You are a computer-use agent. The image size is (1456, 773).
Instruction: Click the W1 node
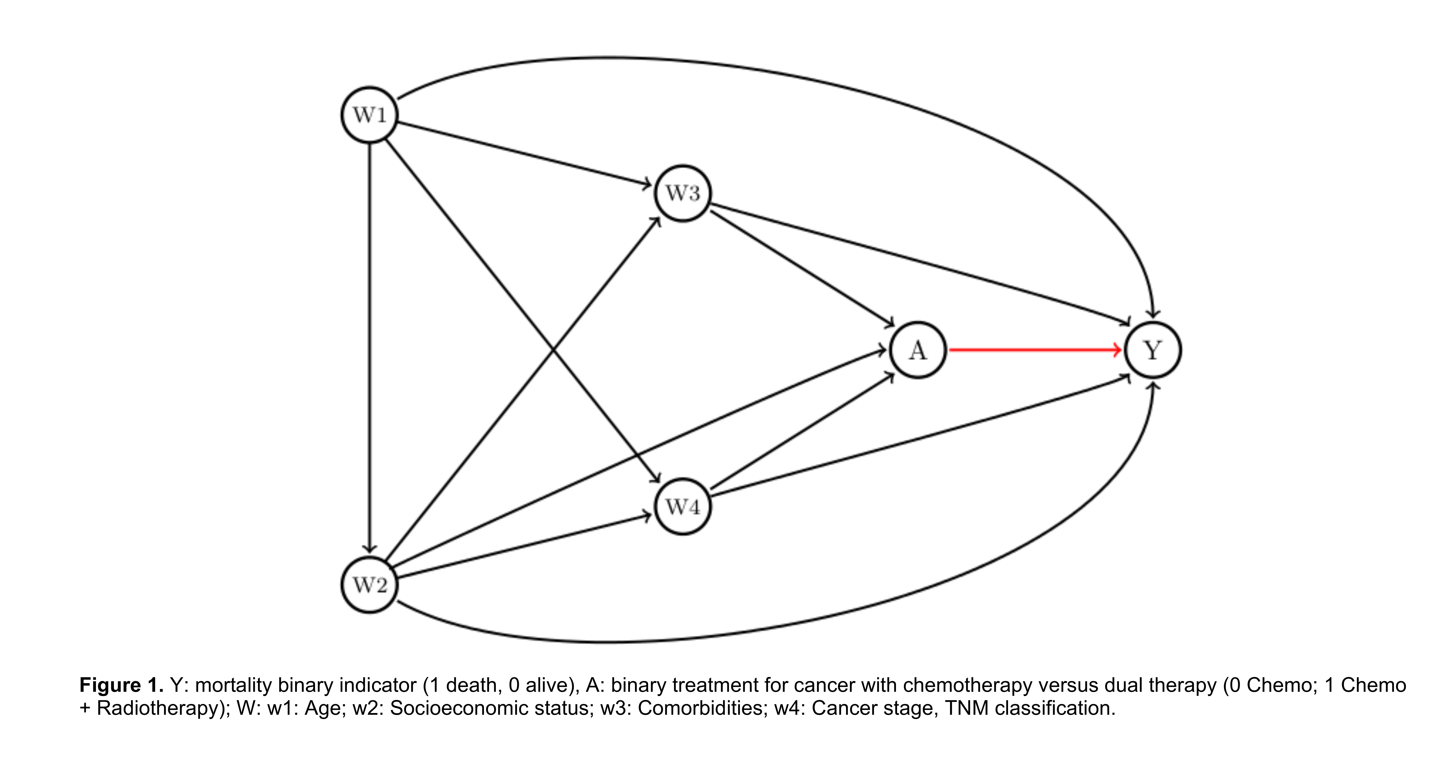coord(370,115)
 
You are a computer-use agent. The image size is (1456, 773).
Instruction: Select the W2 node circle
coord(370,585)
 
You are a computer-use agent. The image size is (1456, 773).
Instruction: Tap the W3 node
coord(683,193)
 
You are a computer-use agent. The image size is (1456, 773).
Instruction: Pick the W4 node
coord(683,507)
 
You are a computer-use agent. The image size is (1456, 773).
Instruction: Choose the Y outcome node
coord(1153,350)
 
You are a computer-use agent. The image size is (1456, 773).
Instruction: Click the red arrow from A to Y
coord(1035,350)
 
